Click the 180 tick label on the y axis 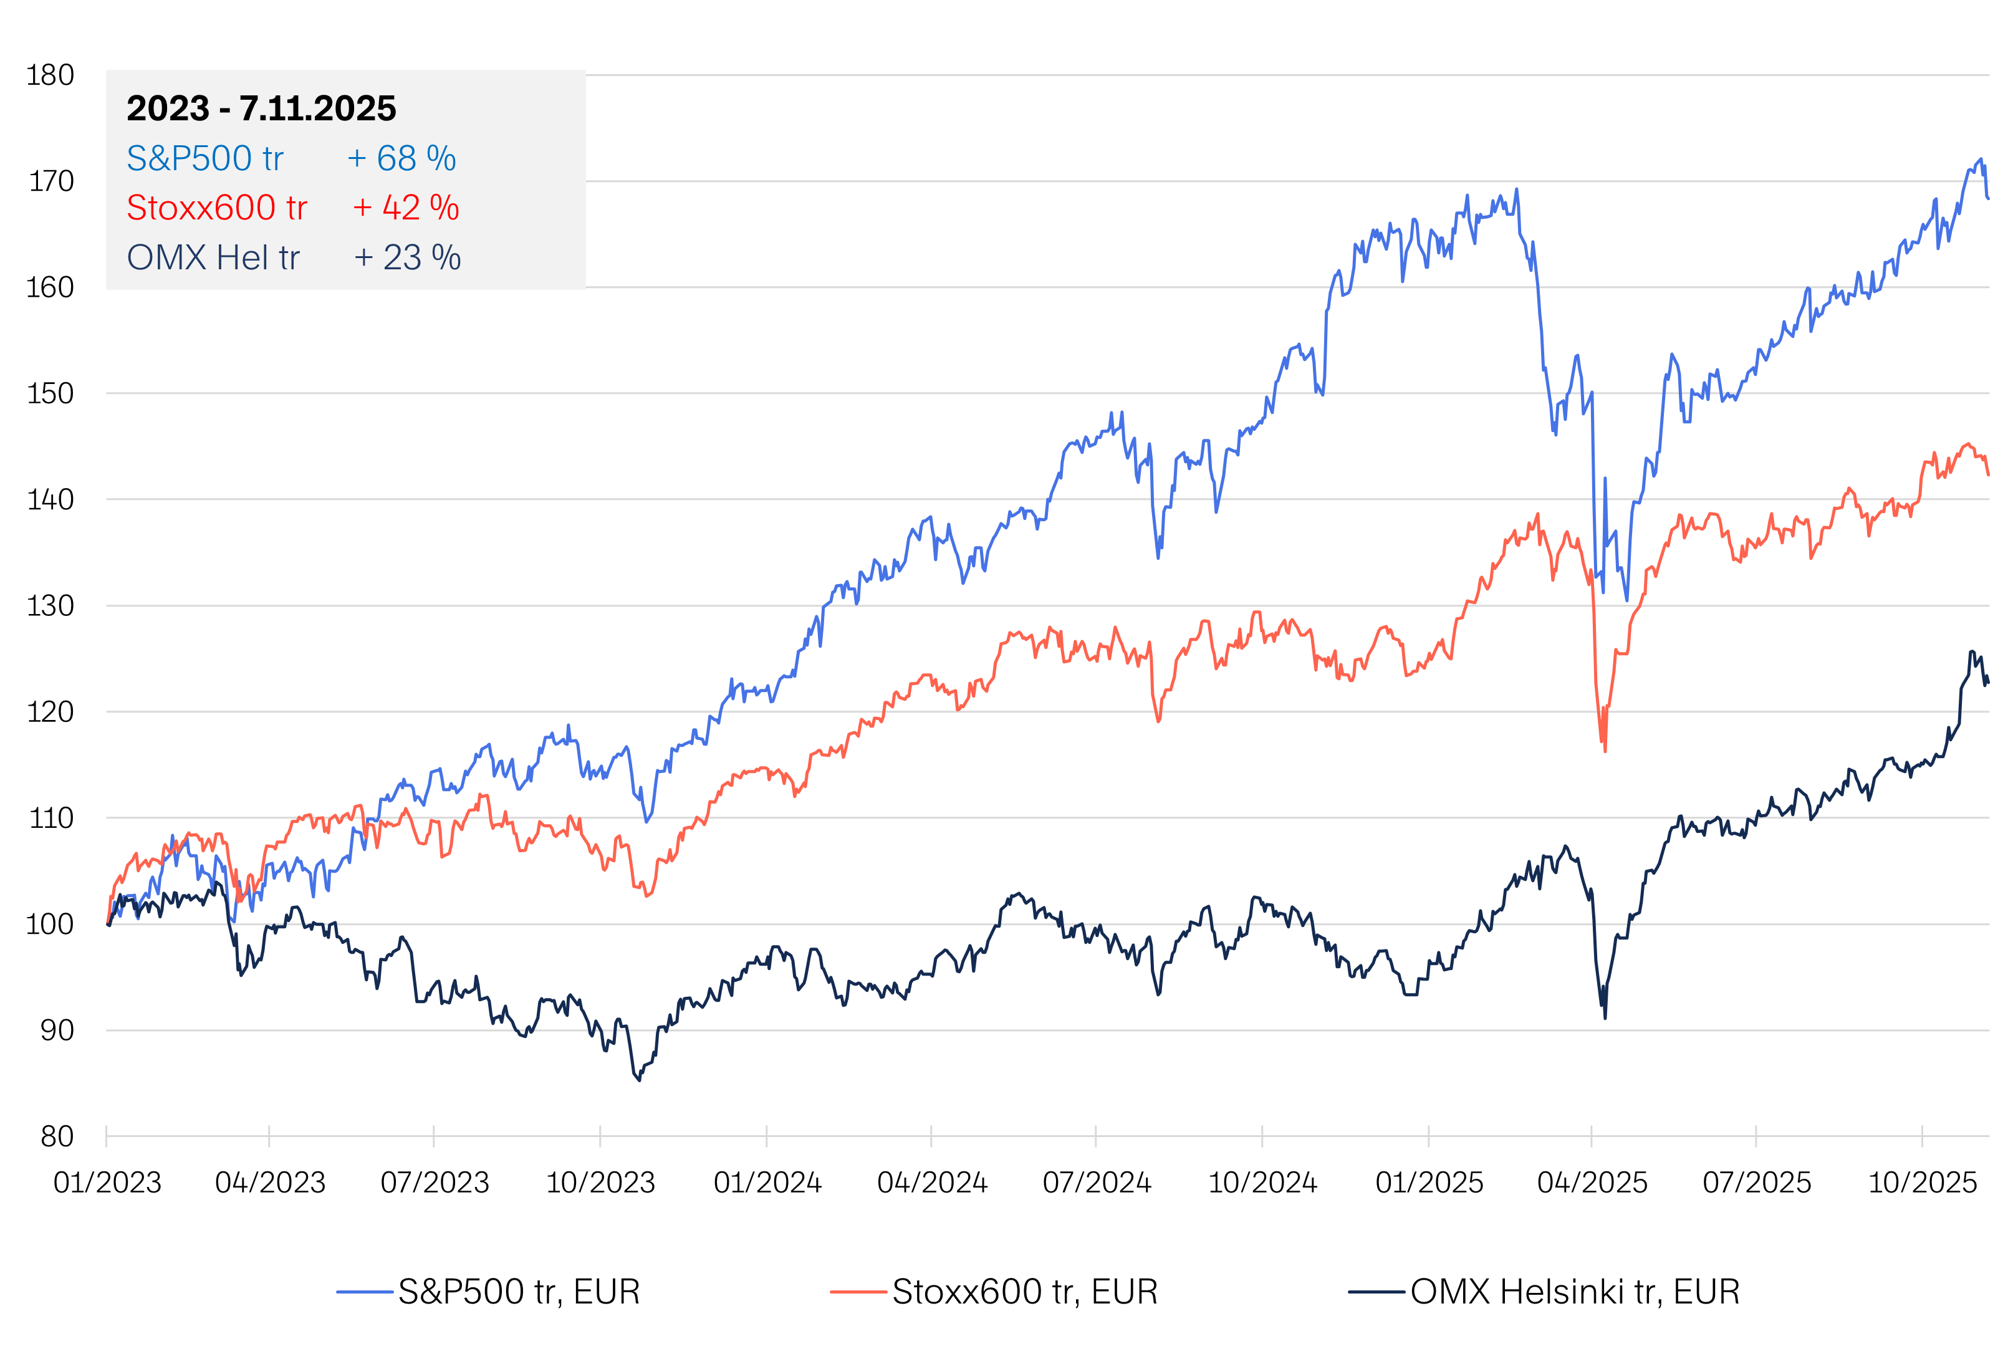(50, 75)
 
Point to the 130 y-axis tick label (50, 607)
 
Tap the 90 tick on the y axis (57, 1030)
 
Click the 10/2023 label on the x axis (600, 1183)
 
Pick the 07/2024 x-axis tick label (1097, 1183)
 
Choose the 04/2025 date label (1592, 1183)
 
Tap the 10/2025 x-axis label (1923, 1183)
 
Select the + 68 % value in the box (401, 158)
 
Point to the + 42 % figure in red (406, 208)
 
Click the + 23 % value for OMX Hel (408, 258)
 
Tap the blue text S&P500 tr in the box (204, 158)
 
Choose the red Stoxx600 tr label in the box (217, 208)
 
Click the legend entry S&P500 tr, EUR (519, 1292)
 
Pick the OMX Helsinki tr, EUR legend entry (1574, 1292)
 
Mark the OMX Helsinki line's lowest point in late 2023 (639, 1080)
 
